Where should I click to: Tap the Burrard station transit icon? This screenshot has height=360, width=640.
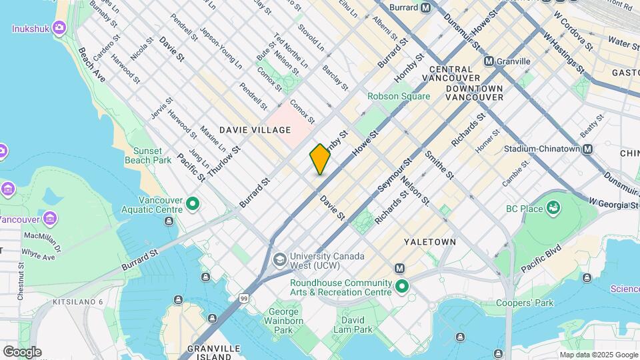(x=443, y=8)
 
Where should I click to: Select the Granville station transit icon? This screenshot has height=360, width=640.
(x=489, y=61)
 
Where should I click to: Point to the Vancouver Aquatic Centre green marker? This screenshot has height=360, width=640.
(x=193, y=203)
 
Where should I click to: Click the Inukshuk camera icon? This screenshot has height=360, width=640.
(x=59, y=28)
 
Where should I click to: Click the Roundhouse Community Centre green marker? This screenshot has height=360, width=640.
(x=402, y=287)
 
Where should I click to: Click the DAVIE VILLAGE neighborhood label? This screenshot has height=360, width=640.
(x=256, y=130)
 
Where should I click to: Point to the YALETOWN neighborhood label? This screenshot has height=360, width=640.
(x=429, y=241)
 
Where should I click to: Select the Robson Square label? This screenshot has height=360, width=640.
(x=398, y=96)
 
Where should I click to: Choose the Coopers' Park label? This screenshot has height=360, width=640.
(x=525, y=303)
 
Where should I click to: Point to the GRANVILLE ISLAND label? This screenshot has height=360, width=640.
(x=214, y=352)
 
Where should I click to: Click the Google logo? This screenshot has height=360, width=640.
(x=22, y=351)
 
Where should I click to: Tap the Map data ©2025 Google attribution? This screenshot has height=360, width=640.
(x=598, y=355)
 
